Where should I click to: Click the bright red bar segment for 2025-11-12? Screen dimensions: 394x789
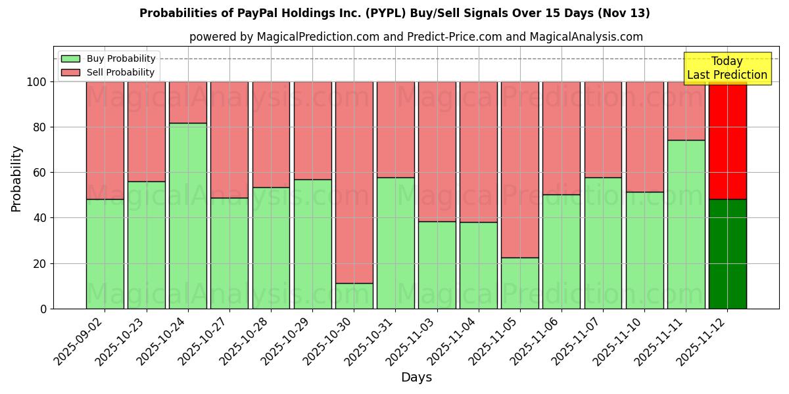point(727,141)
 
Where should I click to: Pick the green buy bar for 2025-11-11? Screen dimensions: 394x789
point(686,224)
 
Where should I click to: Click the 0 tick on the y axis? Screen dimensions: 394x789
point(43,309)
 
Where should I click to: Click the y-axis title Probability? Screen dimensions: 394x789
point(16,179)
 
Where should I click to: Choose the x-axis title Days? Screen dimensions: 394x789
point(416,378)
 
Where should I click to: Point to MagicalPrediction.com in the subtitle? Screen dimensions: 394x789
point(318,37)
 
